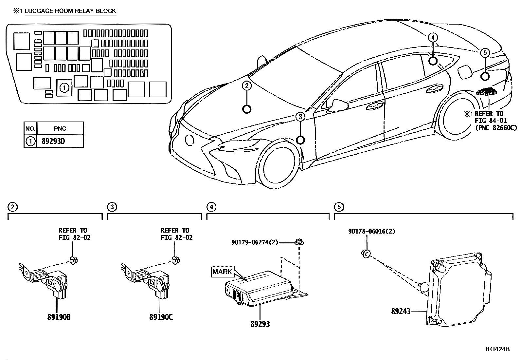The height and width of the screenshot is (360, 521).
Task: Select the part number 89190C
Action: click(x=161, y=317)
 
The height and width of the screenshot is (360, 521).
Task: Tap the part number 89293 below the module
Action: click(x=260, y=324)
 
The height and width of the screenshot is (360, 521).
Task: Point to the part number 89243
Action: click(x=401, y=311)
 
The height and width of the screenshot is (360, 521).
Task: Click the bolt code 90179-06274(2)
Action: click(x=255, y=242)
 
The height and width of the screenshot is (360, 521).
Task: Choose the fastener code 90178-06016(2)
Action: click(x=371, y=231)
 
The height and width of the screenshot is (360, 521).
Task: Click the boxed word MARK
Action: click(x=222, y=272)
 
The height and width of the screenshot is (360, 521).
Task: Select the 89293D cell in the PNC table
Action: click(x=53, y=142)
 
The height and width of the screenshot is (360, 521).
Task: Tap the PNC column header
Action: click(x=60, y=128)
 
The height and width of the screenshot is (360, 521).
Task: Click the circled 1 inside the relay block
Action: click(x=64, y=88)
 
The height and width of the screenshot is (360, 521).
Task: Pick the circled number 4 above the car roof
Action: click(x=433, y=38)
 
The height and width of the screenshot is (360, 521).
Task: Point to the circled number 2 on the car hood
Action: click(x=247, y=86)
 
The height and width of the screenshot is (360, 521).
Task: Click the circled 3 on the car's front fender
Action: click(x=300, y=116)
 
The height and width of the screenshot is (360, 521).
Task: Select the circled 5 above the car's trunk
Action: click(x=485, y=52)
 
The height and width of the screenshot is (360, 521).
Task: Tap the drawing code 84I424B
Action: click(x=498, y=349)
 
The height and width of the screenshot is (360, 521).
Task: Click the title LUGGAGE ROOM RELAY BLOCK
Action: click(x=70, y=11)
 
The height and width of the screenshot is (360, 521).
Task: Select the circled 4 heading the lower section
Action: click(x=211, y=207)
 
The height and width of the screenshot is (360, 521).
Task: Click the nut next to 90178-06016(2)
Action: click(x=367, y=253)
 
